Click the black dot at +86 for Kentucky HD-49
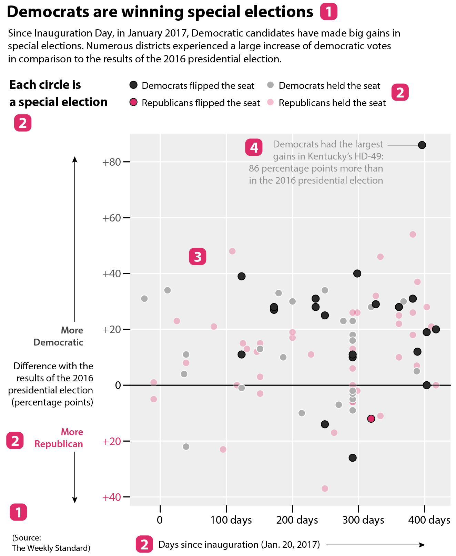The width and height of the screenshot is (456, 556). pos(422,145)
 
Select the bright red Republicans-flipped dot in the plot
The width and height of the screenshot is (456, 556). pos(371,419)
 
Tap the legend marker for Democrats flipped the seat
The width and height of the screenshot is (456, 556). pos(133,85)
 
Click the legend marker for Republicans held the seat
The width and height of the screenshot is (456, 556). pos(271,102)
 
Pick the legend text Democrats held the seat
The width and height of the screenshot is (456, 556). pos(329,85)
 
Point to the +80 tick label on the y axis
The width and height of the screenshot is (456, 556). pos(111,162)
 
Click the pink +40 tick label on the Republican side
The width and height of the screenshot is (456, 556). pos(111,497)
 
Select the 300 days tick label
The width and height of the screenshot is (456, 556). pos(363,520)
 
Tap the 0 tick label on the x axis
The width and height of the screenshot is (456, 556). pos(160,520)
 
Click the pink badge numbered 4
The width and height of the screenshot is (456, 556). pos(254,147)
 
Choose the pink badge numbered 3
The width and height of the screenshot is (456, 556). pos(197,257)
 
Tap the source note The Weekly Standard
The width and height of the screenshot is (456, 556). pos(51,548)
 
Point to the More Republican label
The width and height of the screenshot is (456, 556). pos(59,438)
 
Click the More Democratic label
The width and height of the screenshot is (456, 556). pos(59,336)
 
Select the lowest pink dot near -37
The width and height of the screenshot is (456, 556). pos(325,488)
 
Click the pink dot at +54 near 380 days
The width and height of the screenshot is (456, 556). pos(413,234)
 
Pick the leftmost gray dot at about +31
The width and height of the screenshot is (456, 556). pos(144,298)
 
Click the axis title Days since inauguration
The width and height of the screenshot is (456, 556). pos(239,544)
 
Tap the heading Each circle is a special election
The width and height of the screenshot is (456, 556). pos(58,93)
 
